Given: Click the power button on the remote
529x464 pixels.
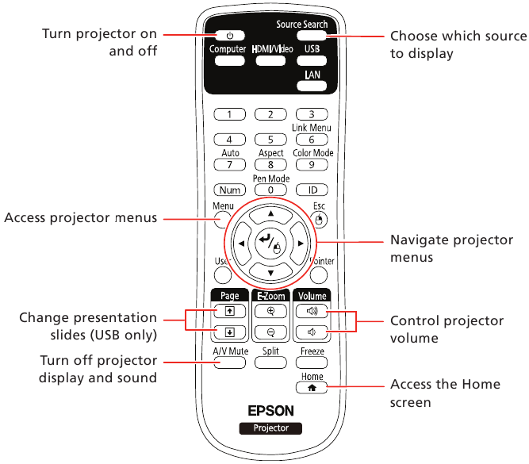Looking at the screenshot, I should click(230, 36).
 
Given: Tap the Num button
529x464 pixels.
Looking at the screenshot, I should click(229, 190).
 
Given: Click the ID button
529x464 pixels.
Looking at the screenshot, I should click(312, 190).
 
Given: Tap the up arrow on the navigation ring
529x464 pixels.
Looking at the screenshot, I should click(271, 214).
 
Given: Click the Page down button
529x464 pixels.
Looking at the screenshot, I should click(228, 332).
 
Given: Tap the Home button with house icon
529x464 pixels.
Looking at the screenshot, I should click(312, 388).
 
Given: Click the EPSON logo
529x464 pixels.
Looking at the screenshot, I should click(271, 411).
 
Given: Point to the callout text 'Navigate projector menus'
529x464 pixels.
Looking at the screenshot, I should click(451, 249).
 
